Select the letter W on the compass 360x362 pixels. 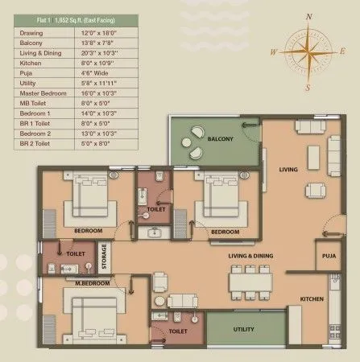pos(275,50)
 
